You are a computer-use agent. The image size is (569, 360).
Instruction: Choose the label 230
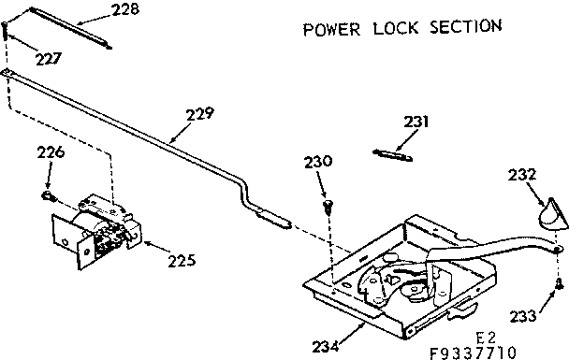click(x=317, y=161)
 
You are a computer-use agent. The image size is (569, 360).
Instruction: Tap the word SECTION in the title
click(x=464, y=27)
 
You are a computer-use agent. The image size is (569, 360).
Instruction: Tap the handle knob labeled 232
click(x=550, y=215)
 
